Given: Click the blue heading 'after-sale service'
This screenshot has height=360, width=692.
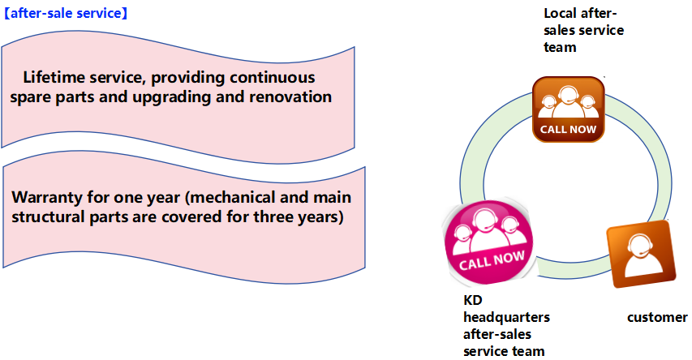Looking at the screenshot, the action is click(x=66, y=13).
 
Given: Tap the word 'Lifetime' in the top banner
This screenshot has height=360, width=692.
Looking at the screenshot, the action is click(x=53, y=77).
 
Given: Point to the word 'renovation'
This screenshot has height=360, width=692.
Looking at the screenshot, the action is click(x=290, y=96).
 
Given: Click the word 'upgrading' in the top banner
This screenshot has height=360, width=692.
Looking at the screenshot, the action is click(x=172, y=97).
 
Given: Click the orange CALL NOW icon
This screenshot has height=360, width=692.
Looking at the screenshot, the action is click(x=569, y=109).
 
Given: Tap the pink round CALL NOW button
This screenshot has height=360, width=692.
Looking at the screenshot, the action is click(x=488, y=244).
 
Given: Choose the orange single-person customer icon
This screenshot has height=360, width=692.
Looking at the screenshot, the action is click(x=641, y=254).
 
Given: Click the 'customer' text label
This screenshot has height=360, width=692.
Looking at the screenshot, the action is click(x=657, y=317).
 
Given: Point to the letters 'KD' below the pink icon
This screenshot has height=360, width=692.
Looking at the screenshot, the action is click(x=473, y=300).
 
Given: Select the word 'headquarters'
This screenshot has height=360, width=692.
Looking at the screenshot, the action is click(x=507, y=317).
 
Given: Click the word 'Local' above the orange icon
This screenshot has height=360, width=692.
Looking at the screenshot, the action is click(x=560, y=13).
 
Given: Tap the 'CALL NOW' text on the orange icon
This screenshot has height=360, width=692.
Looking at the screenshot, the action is click(x=569, y=129).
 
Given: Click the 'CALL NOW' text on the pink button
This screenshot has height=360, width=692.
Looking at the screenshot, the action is click(x=492, y=259).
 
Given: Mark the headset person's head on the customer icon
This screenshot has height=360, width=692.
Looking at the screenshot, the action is click(x=638, y=246).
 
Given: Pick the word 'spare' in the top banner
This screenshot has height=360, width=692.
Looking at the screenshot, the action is click(x=31, y=98).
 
